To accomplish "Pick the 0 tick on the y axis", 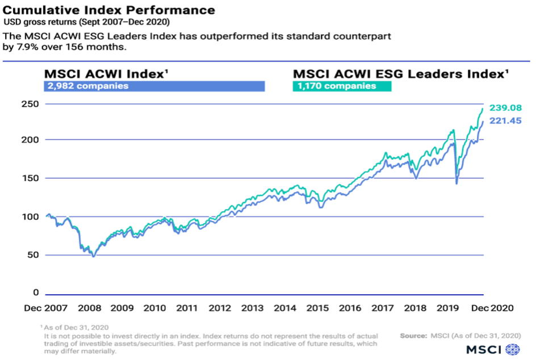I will pyautogui.click(x=36, y=293).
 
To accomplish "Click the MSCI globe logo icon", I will pyautogui.click(x=512, y=348).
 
